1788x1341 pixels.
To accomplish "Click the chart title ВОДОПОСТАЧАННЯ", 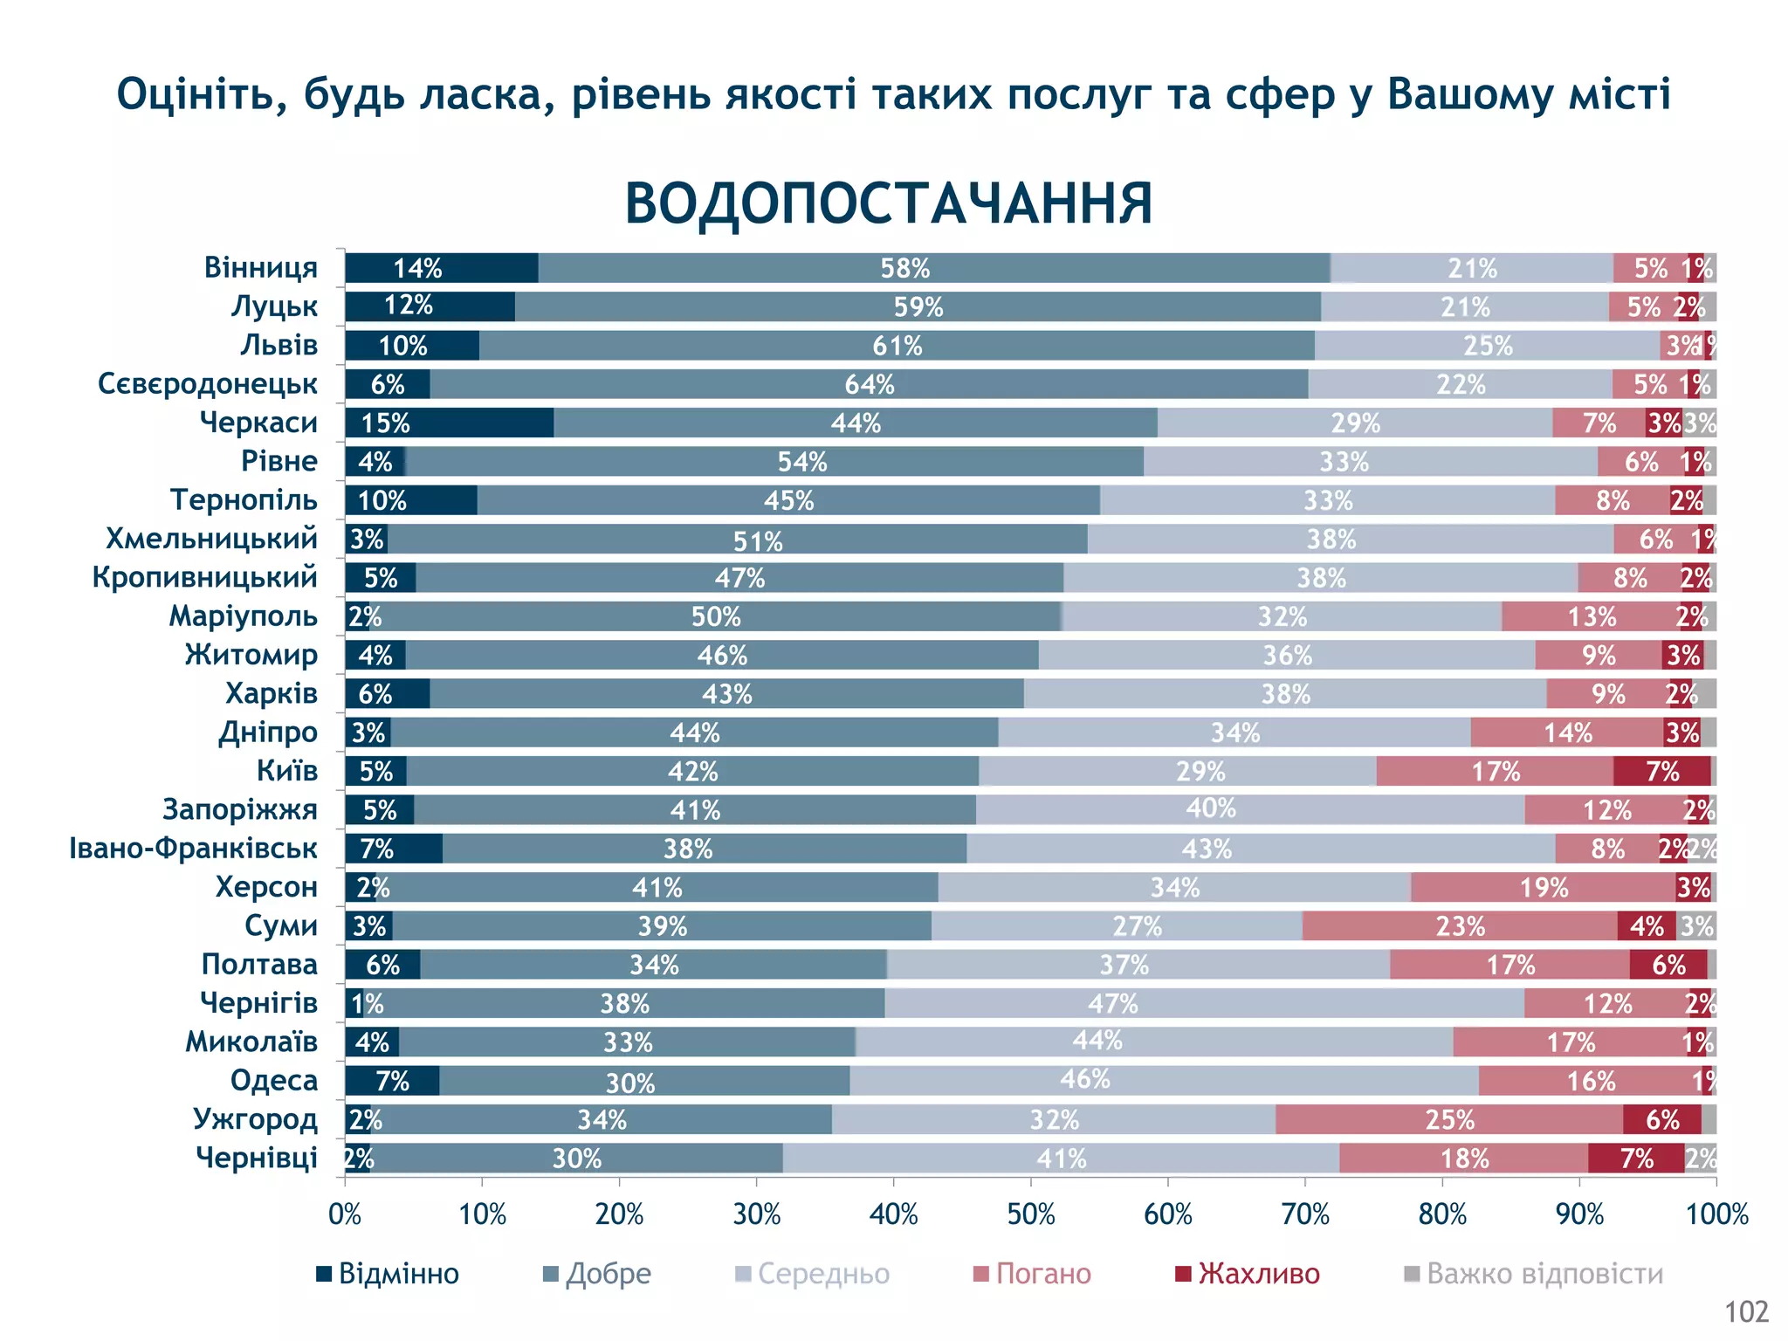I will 889,203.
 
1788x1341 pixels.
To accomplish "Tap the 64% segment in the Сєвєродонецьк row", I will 869,384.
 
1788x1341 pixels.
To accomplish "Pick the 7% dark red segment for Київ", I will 1661,771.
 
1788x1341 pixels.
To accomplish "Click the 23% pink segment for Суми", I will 1459,925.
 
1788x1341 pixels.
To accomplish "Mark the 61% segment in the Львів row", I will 897,346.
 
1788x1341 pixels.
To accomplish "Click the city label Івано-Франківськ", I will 193,848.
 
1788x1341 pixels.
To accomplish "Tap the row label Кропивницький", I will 204,577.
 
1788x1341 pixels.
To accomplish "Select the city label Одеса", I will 273,1080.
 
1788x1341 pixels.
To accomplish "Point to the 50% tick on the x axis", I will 1031,1214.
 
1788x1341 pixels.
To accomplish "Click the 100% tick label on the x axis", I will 1716,1214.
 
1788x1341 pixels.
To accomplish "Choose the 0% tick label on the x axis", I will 345,1214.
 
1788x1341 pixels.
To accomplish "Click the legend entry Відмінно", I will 388,1274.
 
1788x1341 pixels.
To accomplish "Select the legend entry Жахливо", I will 1248,1274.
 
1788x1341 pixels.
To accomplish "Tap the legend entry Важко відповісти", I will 1533,1274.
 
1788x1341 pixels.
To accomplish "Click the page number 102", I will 1746,1311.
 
